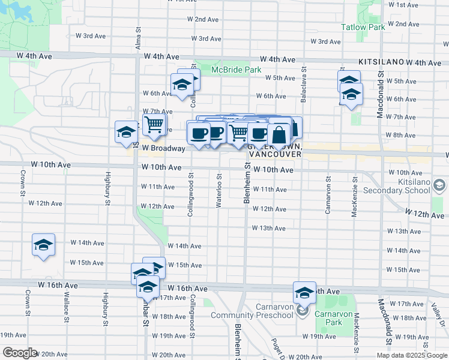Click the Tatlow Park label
click(x=363, y=27)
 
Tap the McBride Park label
click(x=236, y=70)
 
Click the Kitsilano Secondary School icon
click(x=439, y=187)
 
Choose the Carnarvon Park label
click(x=336, y=314)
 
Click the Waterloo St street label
click(x=219, y=190)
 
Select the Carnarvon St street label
click(x=328, y=195)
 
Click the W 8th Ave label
click(x=401, y=135)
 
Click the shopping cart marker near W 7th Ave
click(x=154, y=124)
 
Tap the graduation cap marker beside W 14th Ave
click(x=44, y=245)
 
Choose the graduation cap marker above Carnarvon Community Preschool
click(x=304, y=292)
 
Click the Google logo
click(x=19, y=353)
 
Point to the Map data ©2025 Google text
click(x=411, y=355)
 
